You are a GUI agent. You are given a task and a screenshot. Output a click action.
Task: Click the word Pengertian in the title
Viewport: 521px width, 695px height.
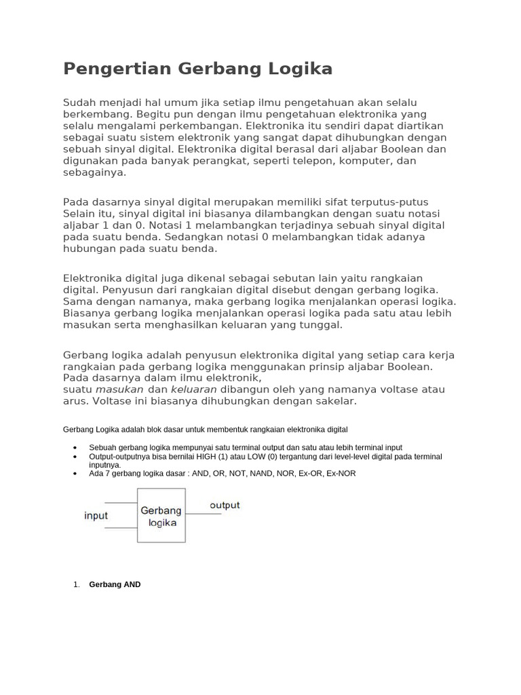click(x=118, y=69)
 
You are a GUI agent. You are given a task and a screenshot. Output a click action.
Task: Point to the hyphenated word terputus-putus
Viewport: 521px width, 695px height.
click(x=389, y=202)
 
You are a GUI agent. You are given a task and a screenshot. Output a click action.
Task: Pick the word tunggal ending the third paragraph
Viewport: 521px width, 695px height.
click(x=319, y=325)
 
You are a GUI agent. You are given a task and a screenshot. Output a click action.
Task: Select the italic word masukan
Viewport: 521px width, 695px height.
click(x=119, y=390)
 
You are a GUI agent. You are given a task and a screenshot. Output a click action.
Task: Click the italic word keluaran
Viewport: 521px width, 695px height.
click(x=193, y=390)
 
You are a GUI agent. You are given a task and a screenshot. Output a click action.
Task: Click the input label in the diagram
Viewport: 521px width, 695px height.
click(x=96, y=516)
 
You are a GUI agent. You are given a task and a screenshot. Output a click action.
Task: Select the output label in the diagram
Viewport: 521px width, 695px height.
click(x=225, y=506)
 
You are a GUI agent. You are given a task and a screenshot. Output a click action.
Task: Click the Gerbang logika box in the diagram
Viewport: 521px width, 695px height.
click(x=161, y=515)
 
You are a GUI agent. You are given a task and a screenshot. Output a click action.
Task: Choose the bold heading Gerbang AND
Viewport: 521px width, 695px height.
click(x=115, y=584)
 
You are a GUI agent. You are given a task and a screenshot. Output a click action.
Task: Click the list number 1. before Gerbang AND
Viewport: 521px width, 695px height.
click(x=77, y=584)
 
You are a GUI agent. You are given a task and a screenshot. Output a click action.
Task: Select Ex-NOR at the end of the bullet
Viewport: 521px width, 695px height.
click(x=341, y=474)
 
